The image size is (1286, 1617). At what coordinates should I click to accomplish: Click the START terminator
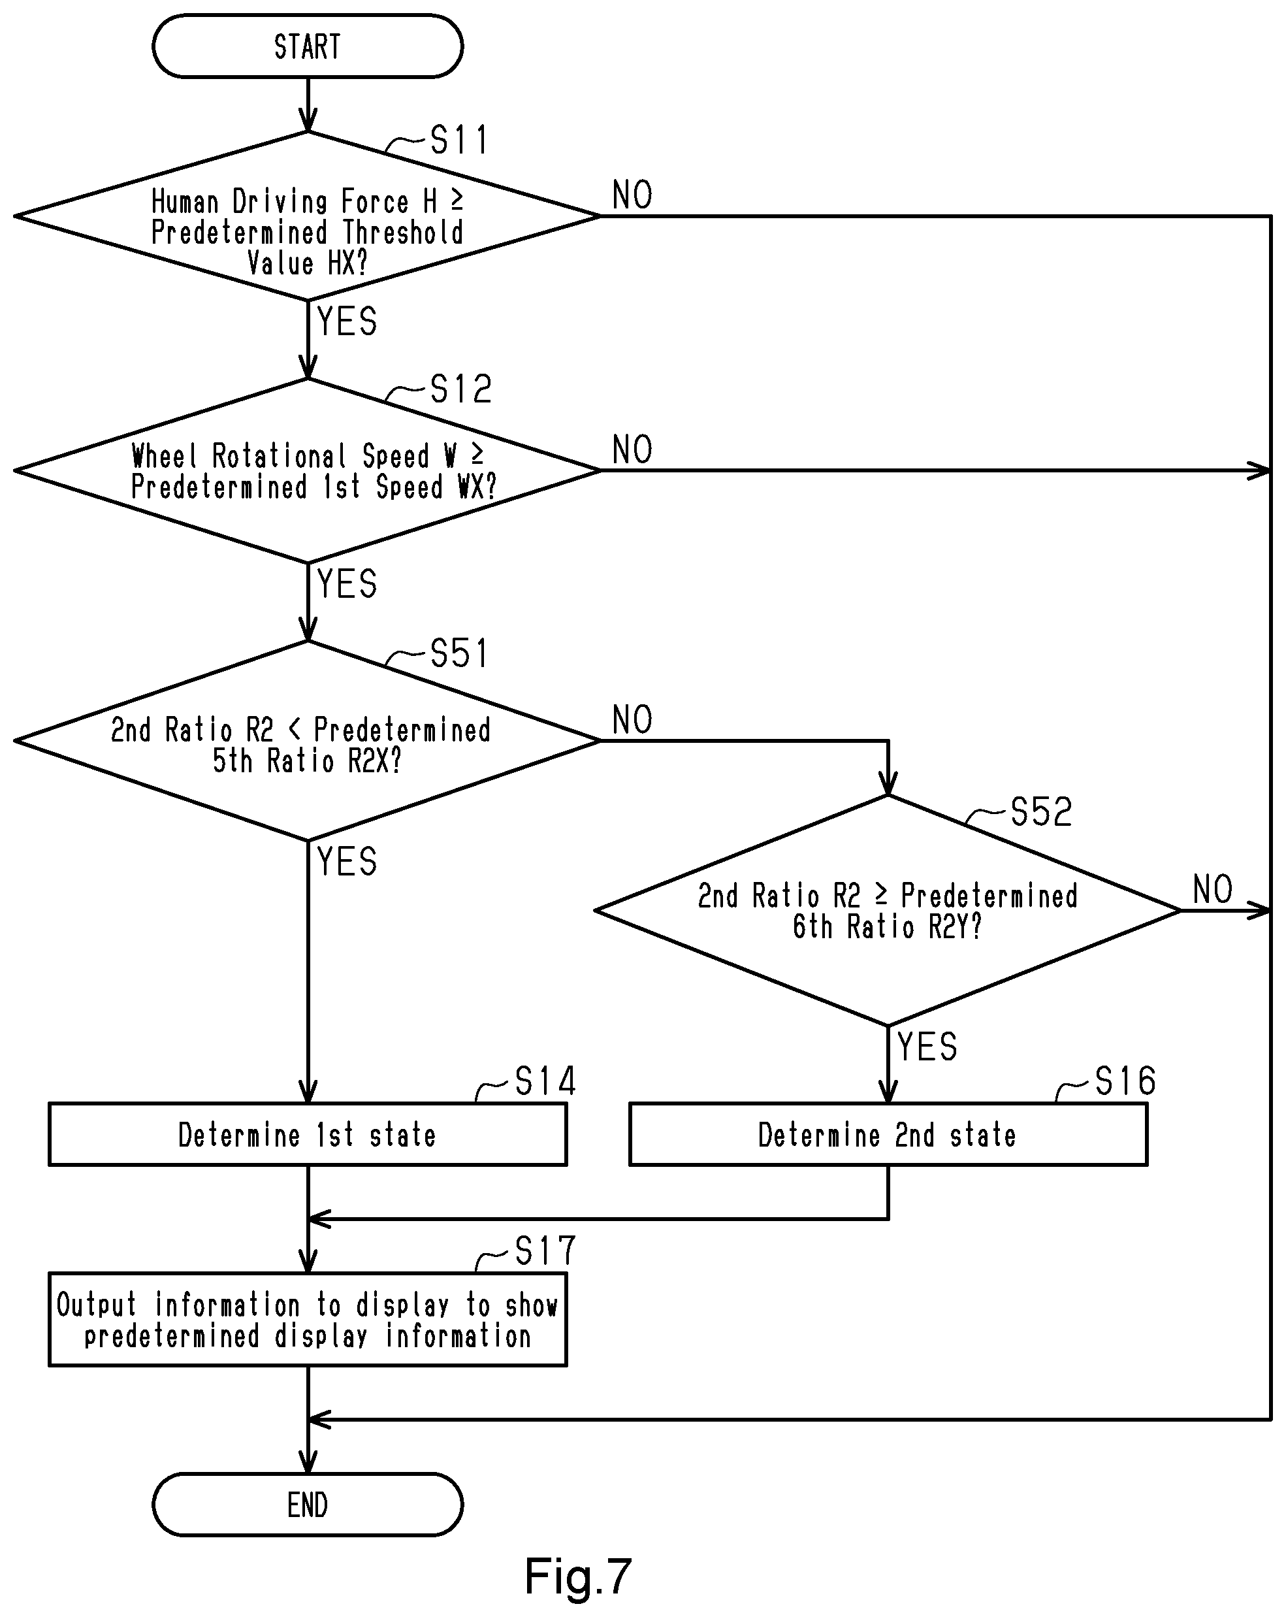pyautogui.click(x=308, y=46)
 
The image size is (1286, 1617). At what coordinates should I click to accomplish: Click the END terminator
pyautogui.click(x=308, y=1505)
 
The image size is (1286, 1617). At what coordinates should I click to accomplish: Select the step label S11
pyautogui.click(x=459, y=140)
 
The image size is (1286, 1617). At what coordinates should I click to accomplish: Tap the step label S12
pyautogui.click(x=460, y=389)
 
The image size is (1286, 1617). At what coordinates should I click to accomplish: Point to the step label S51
pyautogui.click(x=459, y=653)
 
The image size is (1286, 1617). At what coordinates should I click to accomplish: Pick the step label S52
pyautogui.click(x=1042, y=811)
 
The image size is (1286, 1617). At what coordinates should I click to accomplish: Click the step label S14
pyautogui.click(x=545, y=1081)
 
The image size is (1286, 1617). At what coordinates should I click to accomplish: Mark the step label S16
pyautogui.click(x=1125, y=1081)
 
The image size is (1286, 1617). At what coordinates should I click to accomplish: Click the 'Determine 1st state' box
pyautogui.click(x=308, y=1134)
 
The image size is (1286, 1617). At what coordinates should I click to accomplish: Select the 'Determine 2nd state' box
pyautogui.click(x=888, y=1134)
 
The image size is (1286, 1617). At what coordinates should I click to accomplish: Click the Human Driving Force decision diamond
pyautogui.click(x=308, y=216)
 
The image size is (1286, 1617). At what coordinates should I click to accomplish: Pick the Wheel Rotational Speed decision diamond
pyautogui.click(x=308, y=471)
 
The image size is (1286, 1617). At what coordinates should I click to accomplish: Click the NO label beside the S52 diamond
pyautogui.click(x=1212, y=889)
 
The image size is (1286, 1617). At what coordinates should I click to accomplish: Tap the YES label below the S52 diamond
pyautogui.click(x=927, y=1046)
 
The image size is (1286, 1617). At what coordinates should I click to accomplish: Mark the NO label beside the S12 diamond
pyautogui.click(x=632, y=450)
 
